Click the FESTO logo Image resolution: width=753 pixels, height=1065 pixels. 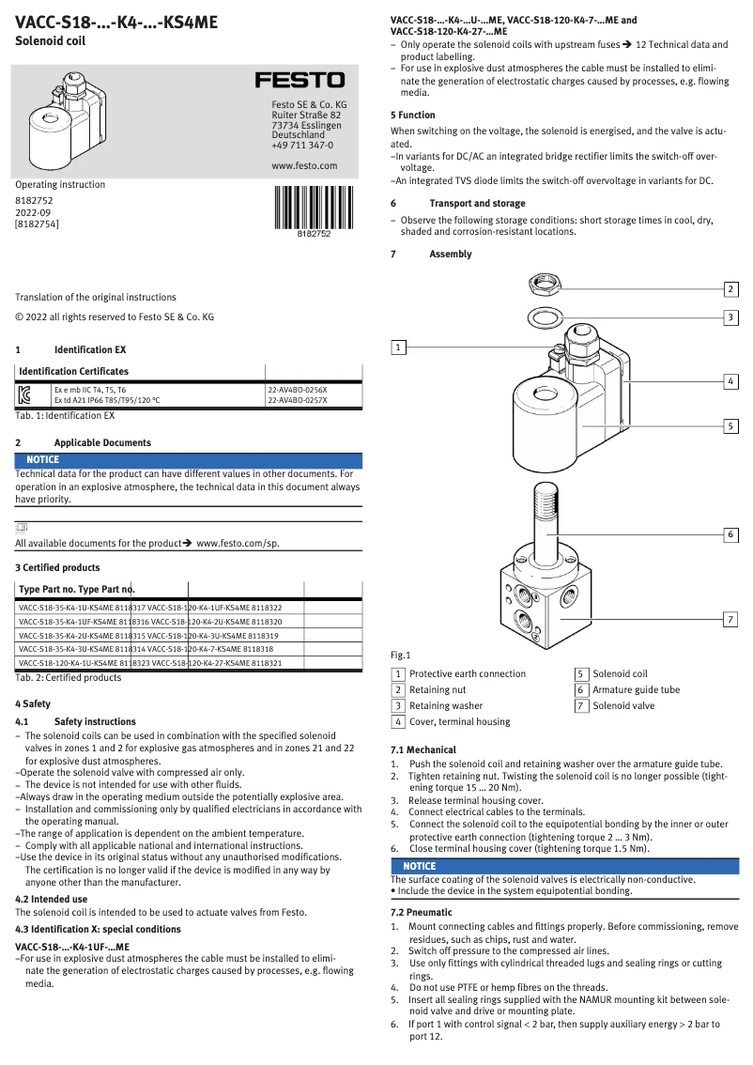point(300,82)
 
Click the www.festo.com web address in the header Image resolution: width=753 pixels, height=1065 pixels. point(303,165)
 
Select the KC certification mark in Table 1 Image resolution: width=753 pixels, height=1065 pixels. point(25,394)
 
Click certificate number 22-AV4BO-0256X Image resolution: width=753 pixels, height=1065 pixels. point(298,389)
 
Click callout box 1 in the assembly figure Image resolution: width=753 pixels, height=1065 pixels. point(398,347)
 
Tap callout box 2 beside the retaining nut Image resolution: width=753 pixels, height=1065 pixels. point(730,288)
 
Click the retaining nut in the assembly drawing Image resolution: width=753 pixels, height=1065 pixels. point(546,282)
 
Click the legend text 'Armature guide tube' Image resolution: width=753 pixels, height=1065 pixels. point(636,689)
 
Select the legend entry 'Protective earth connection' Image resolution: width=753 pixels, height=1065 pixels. point(468,673)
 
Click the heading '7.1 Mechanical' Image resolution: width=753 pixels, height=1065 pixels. point(423,749)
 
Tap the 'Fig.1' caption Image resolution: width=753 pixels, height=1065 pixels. point(401,655)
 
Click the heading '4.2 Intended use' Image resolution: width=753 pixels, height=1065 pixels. point(51,899)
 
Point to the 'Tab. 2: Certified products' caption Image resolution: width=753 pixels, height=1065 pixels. point(68,677)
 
